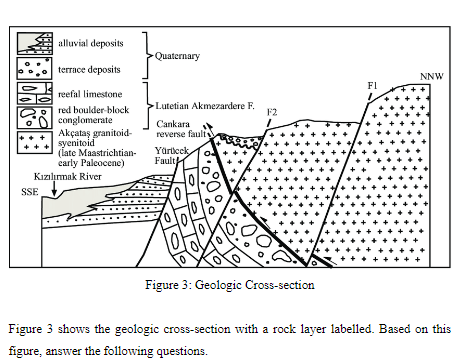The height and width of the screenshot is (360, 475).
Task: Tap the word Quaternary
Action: click(x=177, y=56)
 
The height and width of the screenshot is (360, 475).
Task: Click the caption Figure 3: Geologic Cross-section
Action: click(x=236, y=284)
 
